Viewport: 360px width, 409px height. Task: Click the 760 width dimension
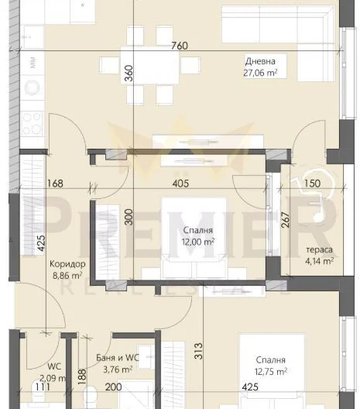[x=180, y=46]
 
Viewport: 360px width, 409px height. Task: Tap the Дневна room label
[x=260, y=61]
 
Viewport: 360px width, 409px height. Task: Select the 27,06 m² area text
[x=260, y=73]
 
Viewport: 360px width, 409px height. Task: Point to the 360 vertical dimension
[x=129, y=73]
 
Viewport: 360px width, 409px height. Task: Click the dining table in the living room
[x=150, y=65]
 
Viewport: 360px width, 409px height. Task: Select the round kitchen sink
[x=33, y=88]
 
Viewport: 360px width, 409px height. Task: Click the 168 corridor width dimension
[x=55, y=184]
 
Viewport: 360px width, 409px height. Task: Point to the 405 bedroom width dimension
[x=180, y=184]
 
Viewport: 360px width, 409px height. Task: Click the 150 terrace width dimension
[x=312, y=184]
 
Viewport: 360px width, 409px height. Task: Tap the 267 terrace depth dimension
[x=286, y=220]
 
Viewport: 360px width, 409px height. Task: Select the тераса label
[x=319, y=249]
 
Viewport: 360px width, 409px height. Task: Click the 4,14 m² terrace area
[x=319, y=261]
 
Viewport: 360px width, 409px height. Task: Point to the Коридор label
[x=67, y=264]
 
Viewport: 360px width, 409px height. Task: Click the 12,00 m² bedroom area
[x=198, y=242]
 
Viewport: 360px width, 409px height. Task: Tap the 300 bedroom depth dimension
[x=129, y=217]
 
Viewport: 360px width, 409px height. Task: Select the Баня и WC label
[x=118, y=357]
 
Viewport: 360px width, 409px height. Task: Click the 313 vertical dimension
[x=199, y=351]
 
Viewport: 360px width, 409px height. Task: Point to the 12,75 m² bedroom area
[x=271, y=372]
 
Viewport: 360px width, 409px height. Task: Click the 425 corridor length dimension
[x=42, y=244]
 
